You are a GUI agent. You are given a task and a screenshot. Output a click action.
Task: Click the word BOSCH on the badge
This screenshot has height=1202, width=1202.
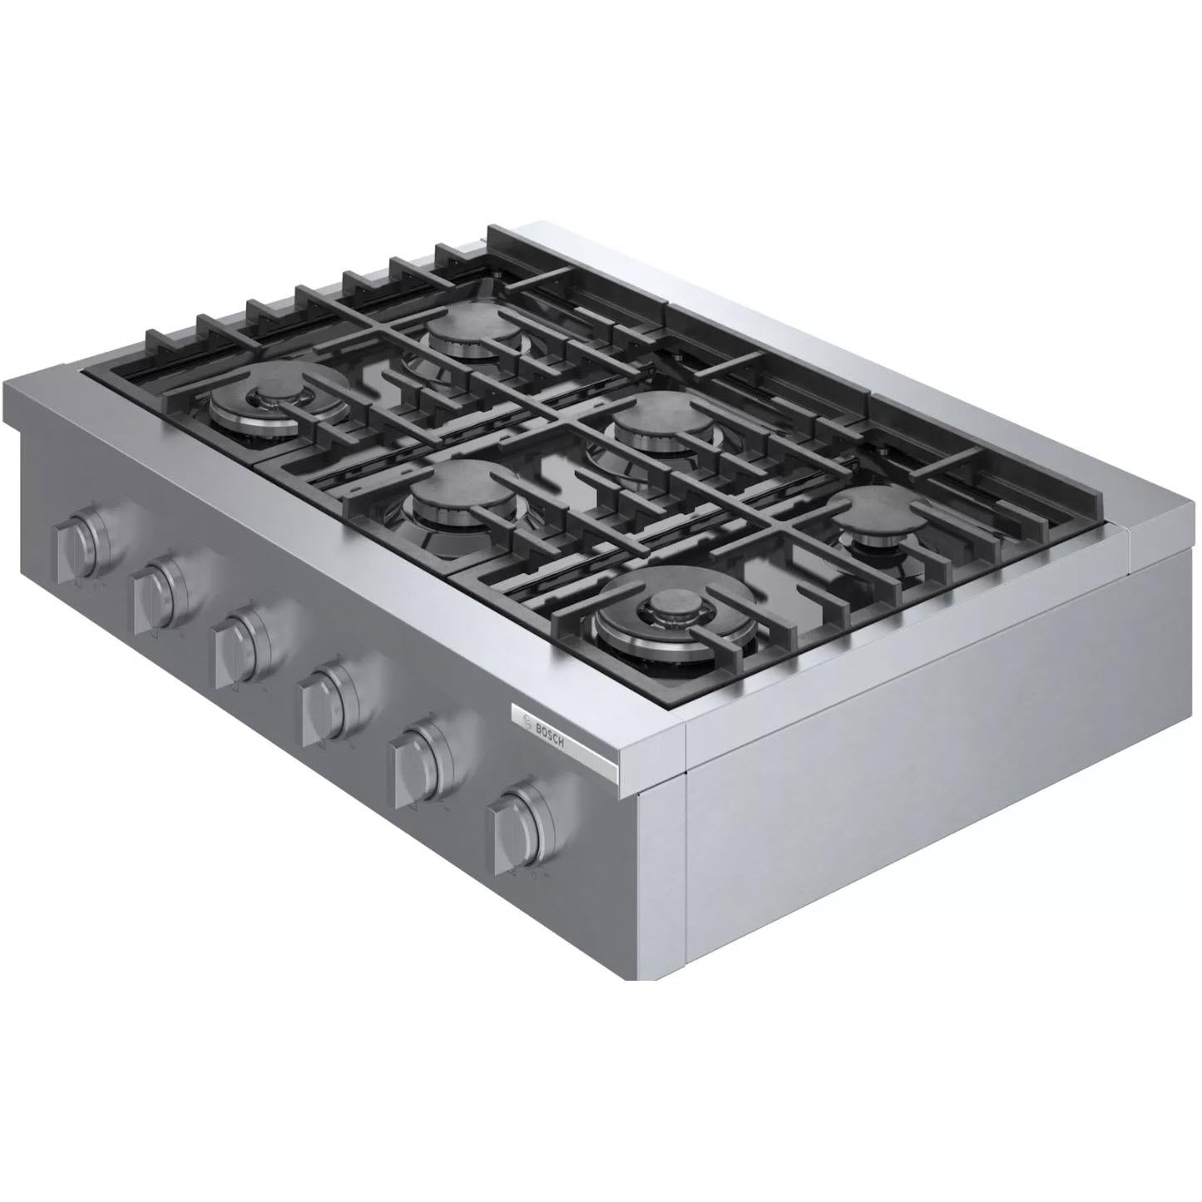(x=550, y=731)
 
